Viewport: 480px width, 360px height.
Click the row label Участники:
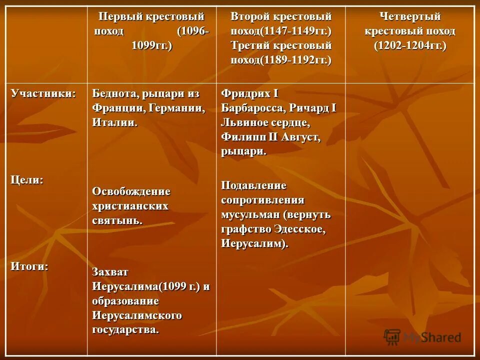coord(43,94)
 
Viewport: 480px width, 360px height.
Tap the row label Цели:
coord(27,180)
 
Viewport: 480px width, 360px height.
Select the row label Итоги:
coord(29,266)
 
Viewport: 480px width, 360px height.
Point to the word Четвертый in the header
coord(410,16)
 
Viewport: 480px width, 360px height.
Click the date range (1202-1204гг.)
coord(410,45)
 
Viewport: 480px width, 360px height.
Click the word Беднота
coord(114,94)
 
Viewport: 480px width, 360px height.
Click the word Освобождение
coord(131,191)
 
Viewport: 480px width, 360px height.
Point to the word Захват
coord(110,272)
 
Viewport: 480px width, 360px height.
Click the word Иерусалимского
coord(136,315)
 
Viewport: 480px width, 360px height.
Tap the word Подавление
coord(254,186)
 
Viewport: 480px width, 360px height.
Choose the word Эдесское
coord(299,229)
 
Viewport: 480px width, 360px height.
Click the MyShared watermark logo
coord(422,336)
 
